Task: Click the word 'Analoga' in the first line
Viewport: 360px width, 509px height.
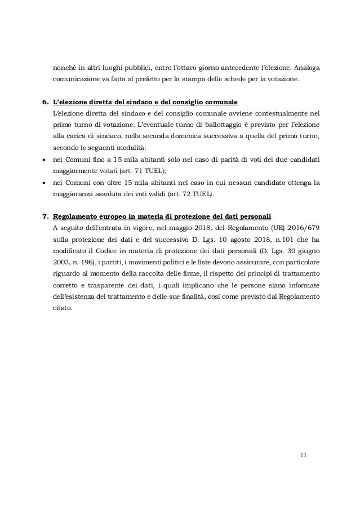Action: tap(305, 68)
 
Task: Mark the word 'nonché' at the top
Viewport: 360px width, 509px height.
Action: tap(64, 68)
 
